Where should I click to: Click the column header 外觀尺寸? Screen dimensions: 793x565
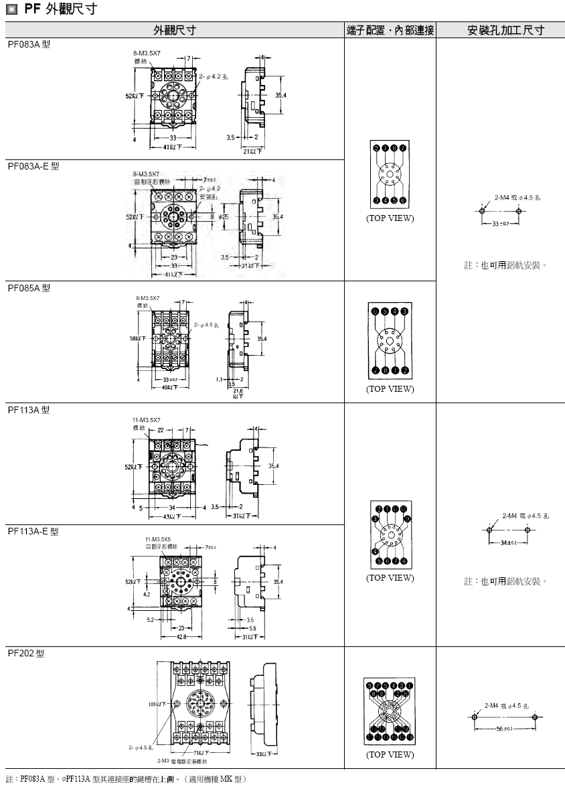(175, 31)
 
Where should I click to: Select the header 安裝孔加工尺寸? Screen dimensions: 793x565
(505, 31)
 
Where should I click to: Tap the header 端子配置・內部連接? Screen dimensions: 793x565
(390, 31)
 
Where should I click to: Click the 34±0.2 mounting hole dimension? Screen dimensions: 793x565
(508, 543)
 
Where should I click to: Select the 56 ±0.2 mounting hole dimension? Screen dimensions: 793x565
(503, 728)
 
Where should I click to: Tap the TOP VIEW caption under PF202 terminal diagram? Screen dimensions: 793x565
(390, 755)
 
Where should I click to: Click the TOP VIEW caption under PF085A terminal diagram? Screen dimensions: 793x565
(390, 389)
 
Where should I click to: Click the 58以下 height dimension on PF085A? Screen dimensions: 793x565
(138, 338)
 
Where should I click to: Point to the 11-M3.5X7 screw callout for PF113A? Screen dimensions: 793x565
(147, 419)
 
